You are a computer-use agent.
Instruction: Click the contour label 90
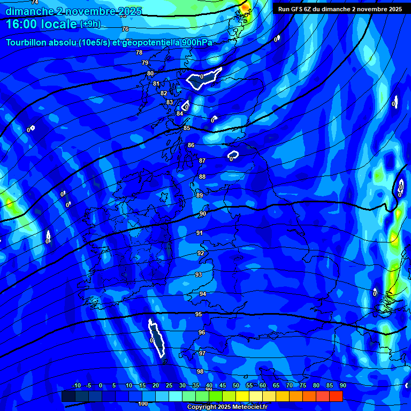tap(203, 214)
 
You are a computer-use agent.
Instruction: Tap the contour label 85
tap(187, 128)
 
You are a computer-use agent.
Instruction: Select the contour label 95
tap(199, 314)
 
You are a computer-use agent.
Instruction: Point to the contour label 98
tap(200, 371)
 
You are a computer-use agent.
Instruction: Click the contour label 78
tap(139, 52)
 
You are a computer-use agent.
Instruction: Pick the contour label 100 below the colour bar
tap(143, 404)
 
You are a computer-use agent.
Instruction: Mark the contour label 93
tap(199, 275)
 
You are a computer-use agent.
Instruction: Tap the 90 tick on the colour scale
tap(342, 385)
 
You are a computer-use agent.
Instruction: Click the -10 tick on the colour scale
tap(76, 385)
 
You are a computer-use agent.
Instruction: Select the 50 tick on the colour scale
tap(236, 385)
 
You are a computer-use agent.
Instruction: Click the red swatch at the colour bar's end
tap(336, 396)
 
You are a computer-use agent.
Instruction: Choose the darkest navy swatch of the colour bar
tap(68, 396)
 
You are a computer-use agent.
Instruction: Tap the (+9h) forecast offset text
tap(89, 24)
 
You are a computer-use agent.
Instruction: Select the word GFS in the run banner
tap(295, 9)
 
